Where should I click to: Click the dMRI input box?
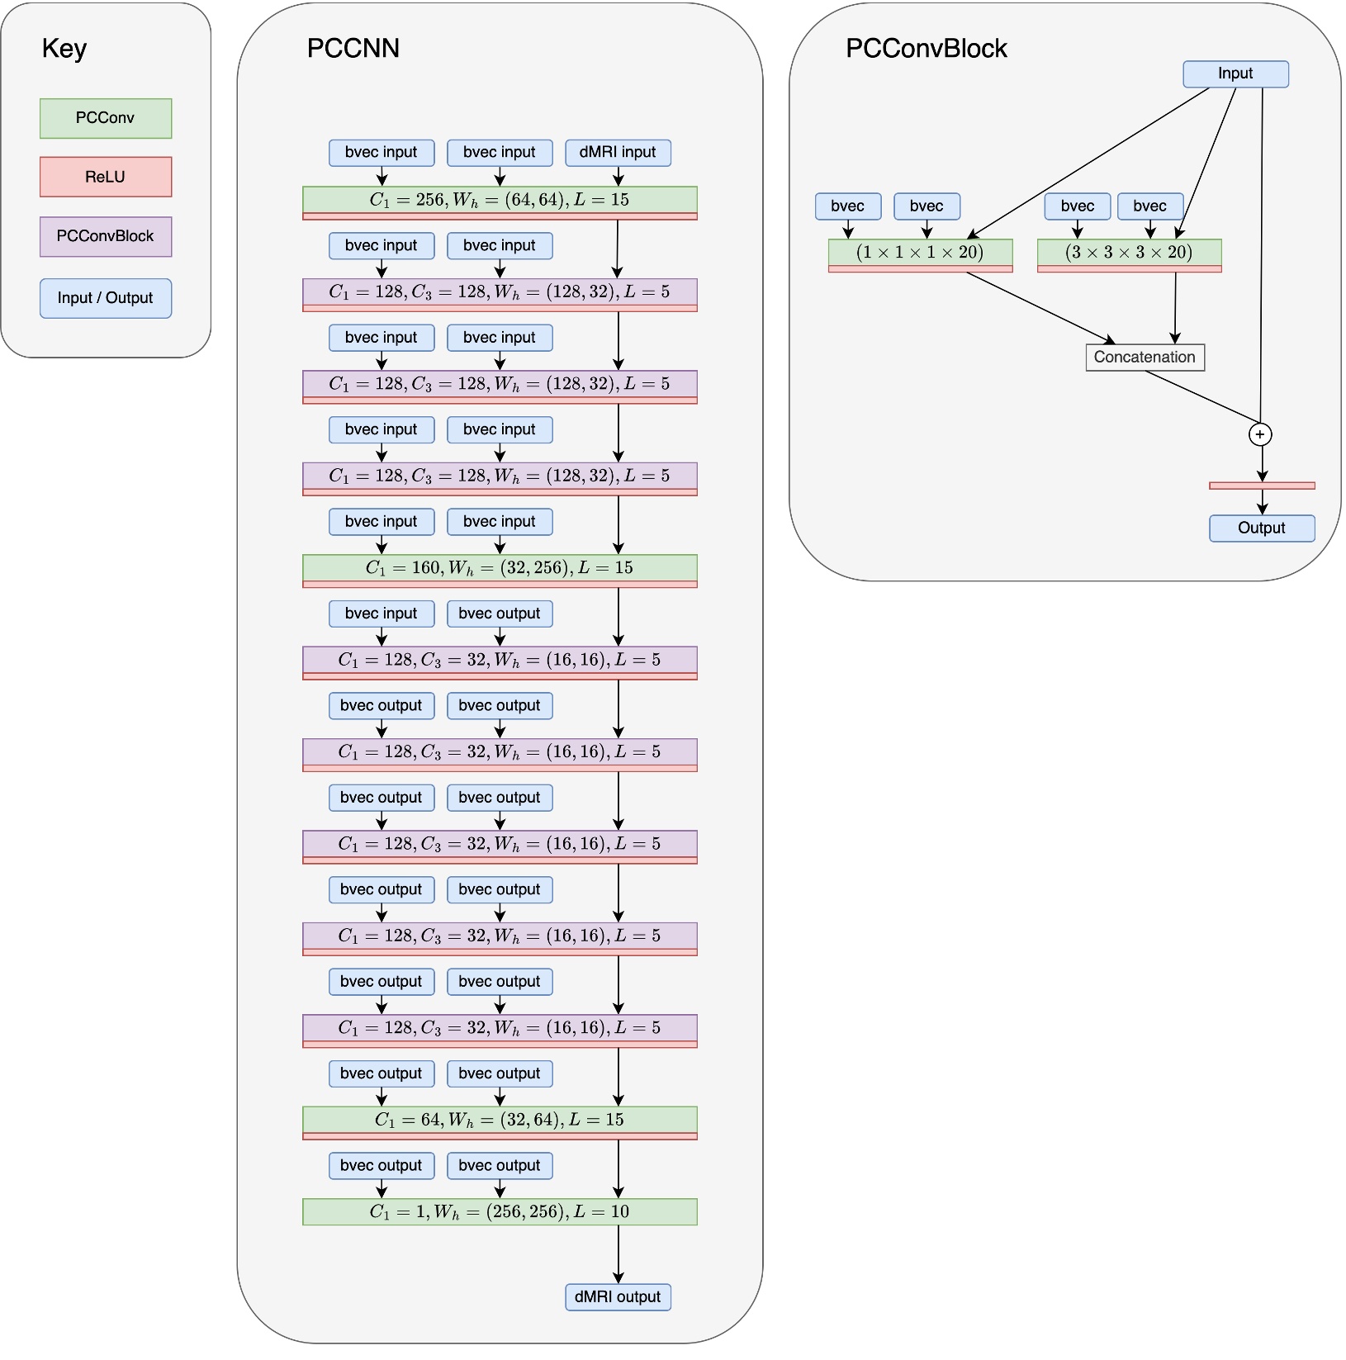coord(618,153)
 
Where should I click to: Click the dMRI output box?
coord(618,1296)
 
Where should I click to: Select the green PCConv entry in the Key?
coord(106,118)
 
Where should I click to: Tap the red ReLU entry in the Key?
coord(106,177)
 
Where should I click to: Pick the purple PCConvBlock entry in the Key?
coord(106,236)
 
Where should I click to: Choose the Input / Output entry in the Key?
coord(106,298)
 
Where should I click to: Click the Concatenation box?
coord(1145,358)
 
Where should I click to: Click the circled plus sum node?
coord(1260,434)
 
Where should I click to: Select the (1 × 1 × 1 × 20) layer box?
coord(920,253)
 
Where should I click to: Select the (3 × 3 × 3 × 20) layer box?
coord(1129,253)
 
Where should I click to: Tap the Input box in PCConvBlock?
coord(1235,73)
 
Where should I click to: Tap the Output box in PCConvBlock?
coord(1262,528)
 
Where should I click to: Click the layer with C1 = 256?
coord(500,200)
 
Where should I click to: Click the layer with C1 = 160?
coord(500,568)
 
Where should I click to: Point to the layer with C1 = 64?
coord(500,1120)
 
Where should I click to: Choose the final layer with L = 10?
coord(500,1211)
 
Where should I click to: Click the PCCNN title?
coord(353,48)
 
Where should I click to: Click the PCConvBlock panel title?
coord(926,49)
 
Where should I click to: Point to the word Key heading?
coord(64,48)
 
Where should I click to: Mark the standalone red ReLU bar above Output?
coord(1262,486)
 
